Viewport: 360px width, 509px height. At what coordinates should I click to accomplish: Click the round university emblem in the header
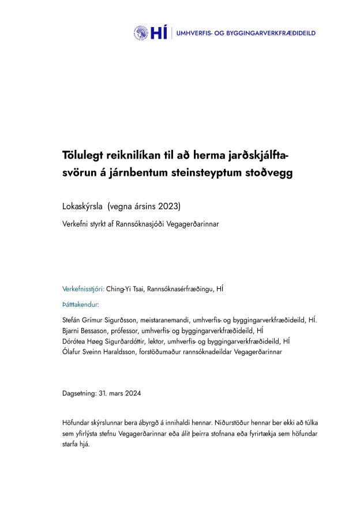(141, 33)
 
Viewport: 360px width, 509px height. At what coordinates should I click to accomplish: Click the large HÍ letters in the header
(158, 33)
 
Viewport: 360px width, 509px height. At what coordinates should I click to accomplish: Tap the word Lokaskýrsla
(82, 206)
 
